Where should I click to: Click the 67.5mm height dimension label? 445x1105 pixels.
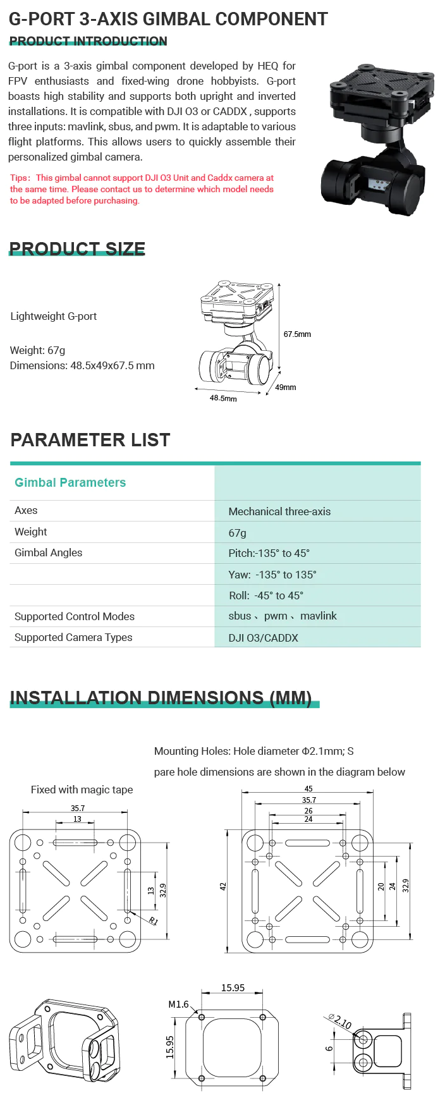point(297,334)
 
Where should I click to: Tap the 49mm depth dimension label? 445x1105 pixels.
point(286,388)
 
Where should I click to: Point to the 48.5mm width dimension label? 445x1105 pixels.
point(223,398)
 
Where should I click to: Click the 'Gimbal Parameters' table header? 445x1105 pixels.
point(70,483)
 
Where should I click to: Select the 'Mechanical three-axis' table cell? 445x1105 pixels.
point(279,511)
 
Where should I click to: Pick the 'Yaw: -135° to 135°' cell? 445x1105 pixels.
point(272,575)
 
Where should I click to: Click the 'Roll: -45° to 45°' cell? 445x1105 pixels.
point(266,595)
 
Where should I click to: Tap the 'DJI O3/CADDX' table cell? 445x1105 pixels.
point(263,638)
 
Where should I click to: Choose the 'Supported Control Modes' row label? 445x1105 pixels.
point(75,616)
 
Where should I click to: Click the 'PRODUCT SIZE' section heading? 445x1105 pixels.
point(77,249)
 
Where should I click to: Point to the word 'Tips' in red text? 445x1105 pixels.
point(19,178)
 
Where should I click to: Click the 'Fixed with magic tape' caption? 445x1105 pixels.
point(82,790)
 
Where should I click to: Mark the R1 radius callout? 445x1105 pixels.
point(154,920)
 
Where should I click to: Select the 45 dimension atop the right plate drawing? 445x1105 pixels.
point(308,789)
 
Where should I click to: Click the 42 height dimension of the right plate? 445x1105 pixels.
point(223,887)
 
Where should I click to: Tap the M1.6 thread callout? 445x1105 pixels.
point(178,1004)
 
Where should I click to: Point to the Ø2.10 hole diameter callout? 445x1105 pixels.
point(341,1020)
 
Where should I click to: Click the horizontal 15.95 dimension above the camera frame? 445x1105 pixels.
point(233,988)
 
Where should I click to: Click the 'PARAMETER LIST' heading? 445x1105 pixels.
point(90,440)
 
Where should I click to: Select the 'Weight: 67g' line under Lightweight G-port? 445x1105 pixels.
point(38,350)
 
